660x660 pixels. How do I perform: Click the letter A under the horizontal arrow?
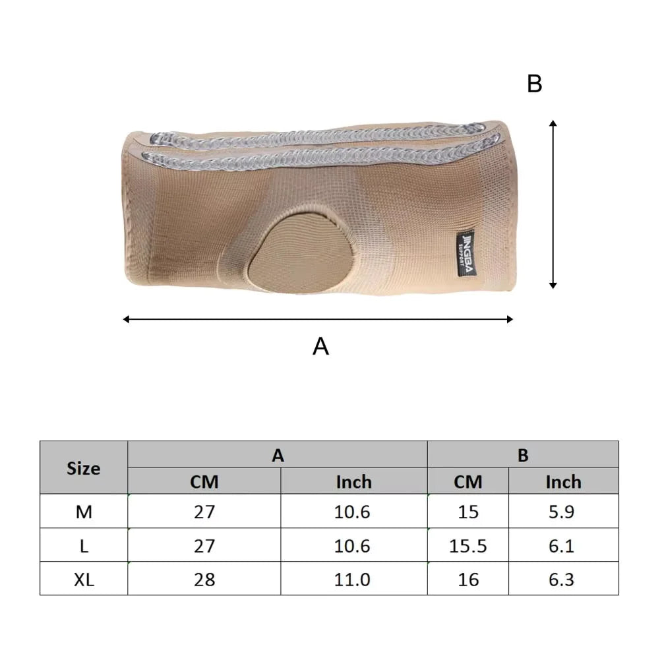tap(320, 345)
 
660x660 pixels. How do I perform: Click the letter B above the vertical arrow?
tap(535, 84)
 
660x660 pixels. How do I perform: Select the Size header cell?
tap(84, 468)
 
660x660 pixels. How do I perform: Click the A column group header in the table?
tap(278, 455)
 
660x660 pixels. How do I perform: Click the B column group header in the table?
tap(523, 455)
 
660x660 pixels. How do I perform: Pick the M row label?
tap(84, 512)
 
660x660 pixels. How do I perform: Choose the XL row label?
tap(84, 580)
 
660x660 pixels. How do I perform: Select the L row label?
tap(84, 546)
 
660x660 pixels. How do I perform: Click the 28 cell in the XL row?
tap(204, 580)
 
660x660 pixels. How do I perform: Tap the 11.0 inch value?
tap(353, 580)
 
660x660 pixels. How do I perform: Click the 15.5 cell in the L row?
tap(468, 546)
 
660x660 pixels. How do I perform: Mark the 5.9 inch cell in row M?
tap(563, 512)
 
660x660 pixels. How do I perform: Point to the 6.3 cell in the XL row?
tap(563, 580)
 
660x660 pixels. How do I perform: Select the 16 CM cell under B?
tap(468, 580)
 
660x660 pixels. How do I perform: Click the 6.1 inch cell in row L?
tap(563, 546)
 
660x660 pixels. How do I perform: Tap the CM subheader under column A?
tap(204, 482)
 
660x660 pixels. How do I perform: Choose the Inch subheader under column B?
tap(563, 482)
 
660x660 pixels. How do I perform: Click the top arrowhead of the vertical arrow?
tap(553, 123)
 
